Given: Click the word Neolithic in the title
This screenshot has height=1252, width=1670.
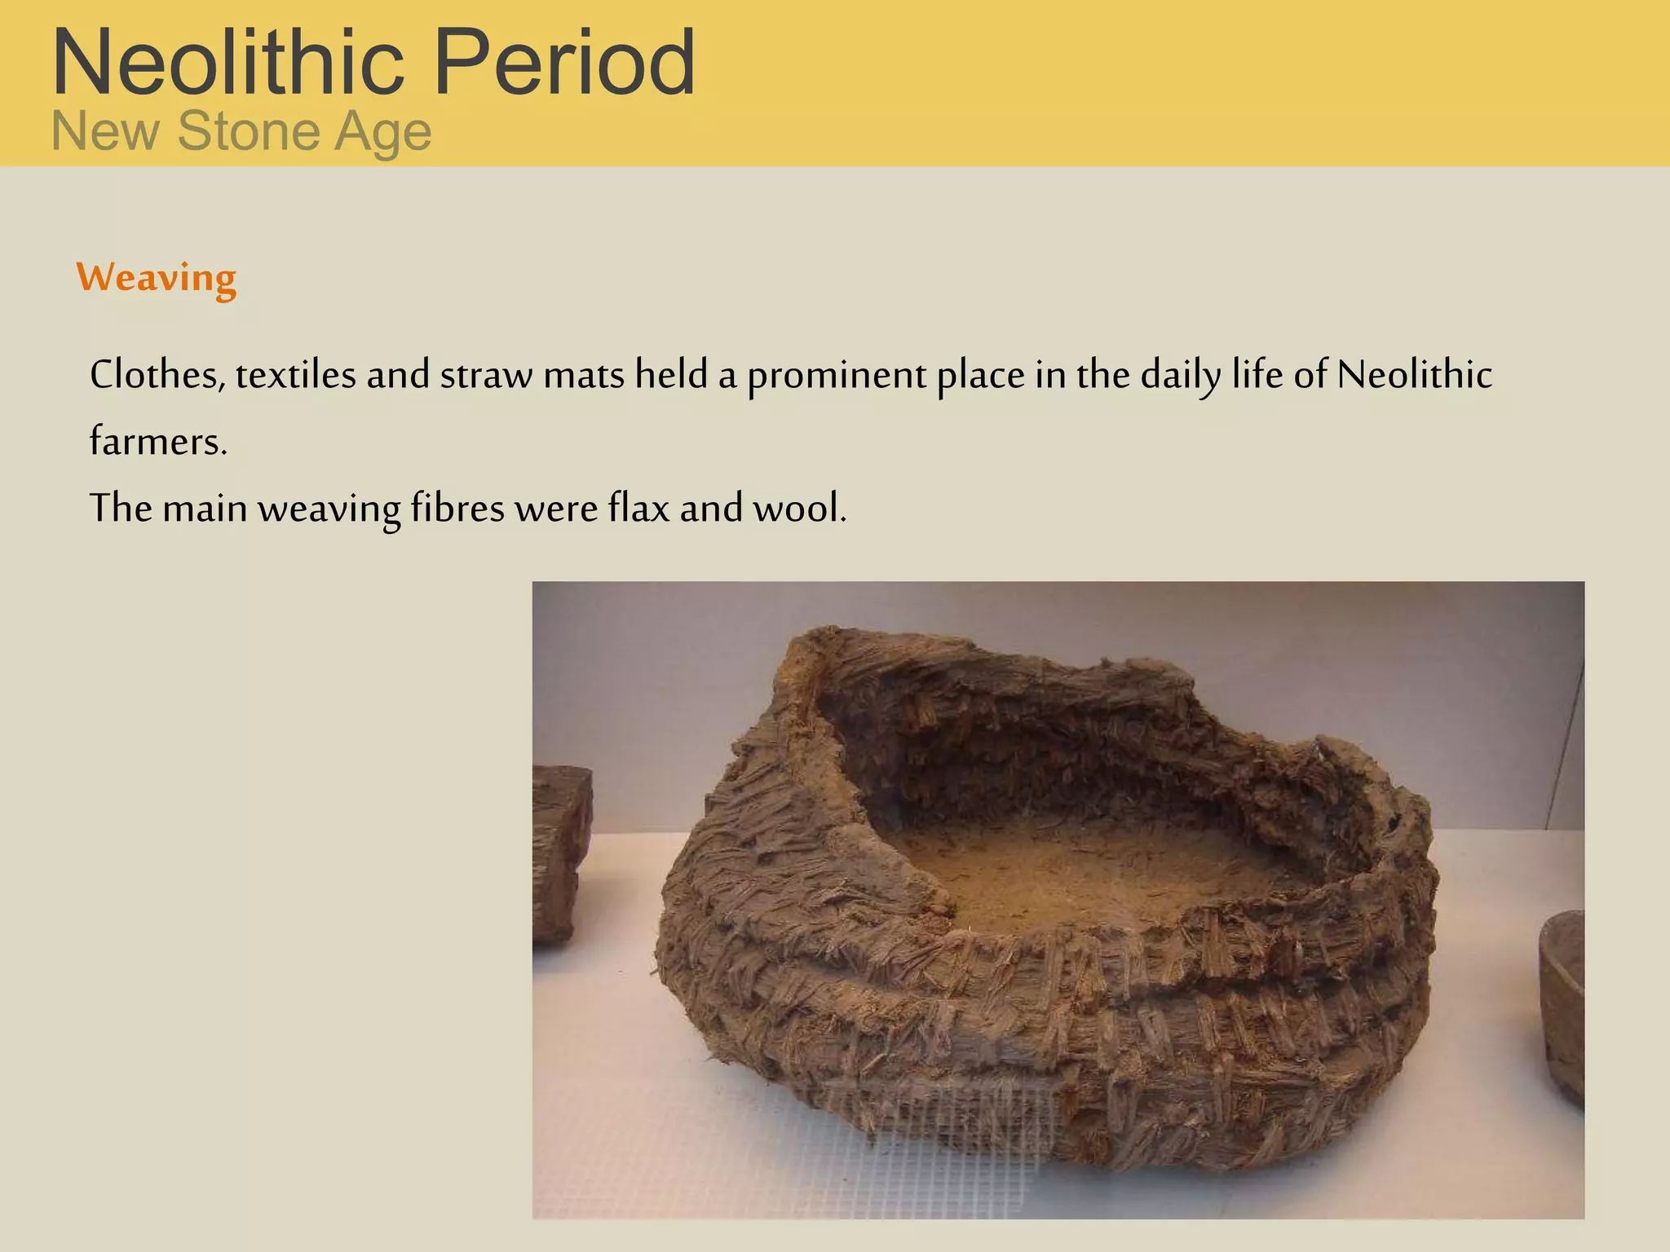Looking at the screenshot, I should tap(228, 62).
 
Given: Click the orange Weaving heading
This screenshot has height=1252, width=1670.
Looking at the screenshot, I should tap(157, 278).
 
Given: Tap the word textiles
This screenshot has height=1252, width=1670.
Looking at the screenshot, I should tap(296, 375).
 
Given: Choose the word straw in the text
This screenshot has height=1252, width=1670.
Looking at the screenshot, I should tap(486, 375).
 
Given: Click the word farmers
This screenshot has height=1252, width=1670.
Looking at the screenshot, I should tap(157, 442).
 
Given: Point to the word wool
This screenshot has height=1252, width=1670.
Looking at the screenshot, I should tap(799, 508).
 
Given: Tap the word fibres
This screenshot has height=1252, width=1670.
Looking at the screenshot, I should tap(457, 508).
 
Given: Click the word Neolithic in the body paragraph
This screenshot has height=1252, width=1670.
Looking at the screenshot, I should tap(1415, 375).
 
